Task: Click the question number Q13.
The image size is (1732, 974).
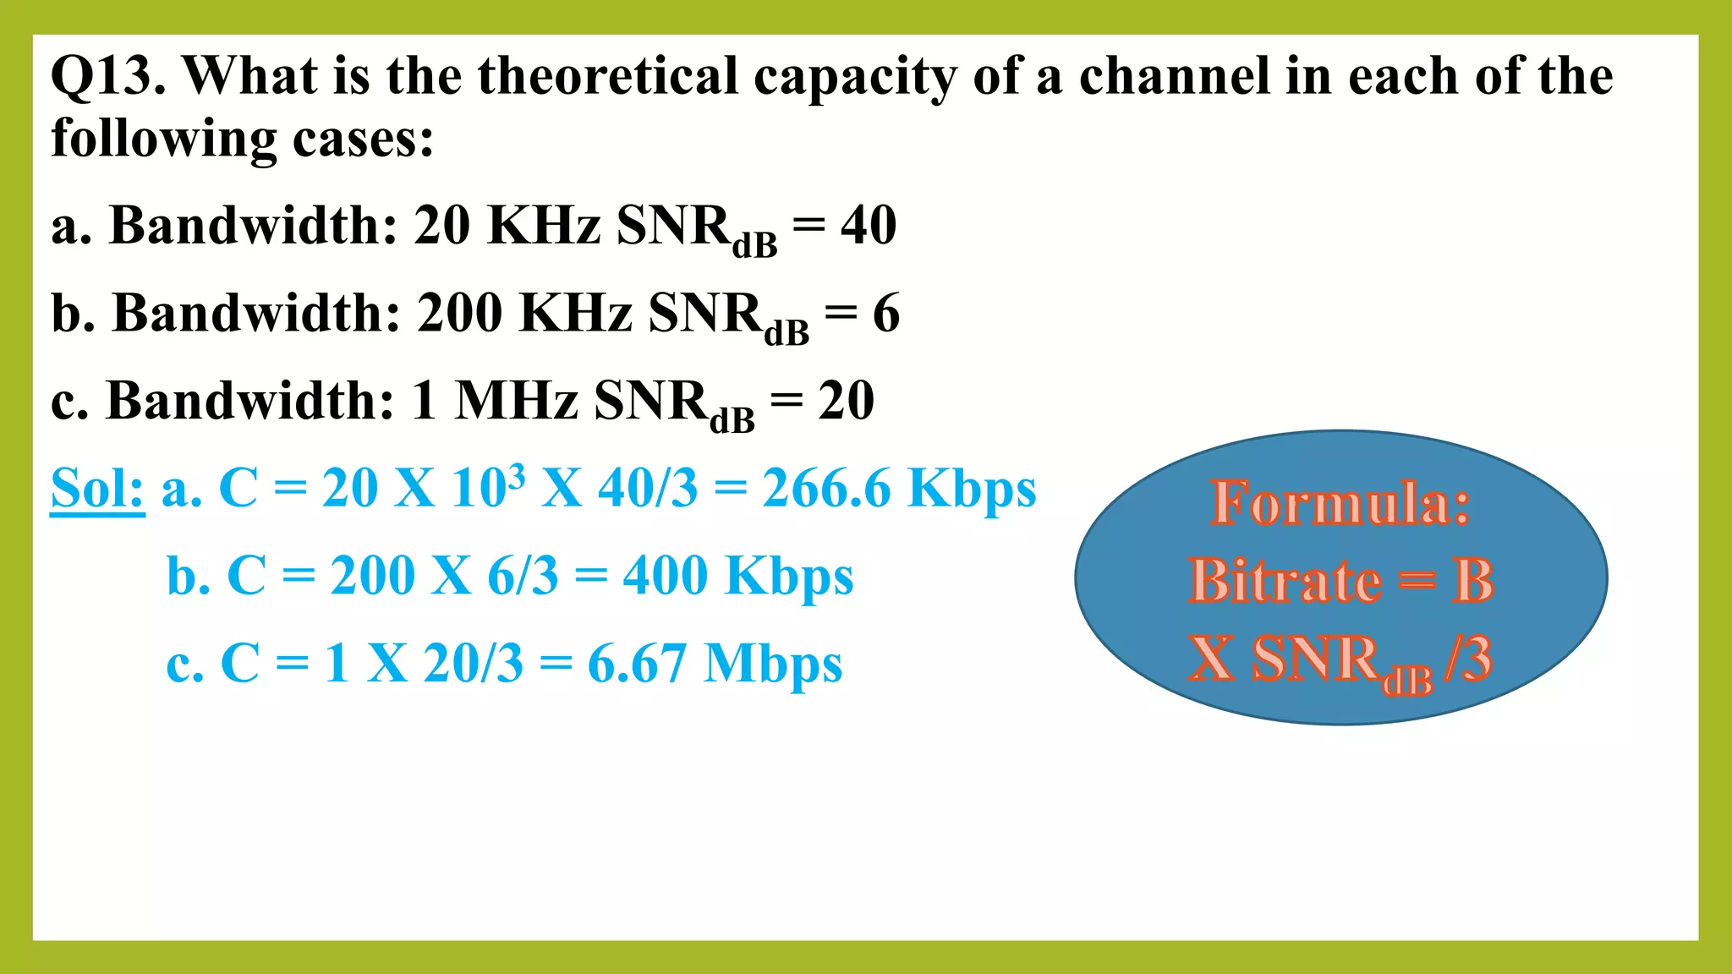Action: pos(107,77)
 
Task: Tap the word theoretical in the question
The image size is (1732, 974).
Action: pos(608,77)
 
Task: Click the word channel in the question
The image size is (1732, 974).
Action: pos(1175,77)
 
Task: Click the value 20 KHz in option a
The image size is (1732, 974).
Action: pos(507,226)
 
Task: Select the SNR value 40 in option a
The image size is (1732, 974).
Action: pos(869,226)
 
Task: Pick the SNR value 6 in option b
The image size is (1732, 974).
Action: pos(886,314)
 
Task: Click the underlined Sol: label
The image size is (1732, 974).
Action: pos(97,489)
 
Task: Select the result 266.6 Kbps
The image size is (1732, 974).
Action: pos(899,489)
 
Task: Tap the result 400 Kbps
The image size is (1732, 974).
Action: pos(738,577)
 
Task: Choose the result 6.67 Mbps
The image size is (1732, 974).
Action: pos(715,664)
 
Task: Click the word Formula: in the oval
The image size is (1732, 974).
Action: pos(1340,504)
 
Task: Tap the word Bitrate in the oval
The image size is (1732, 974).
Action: pos(1285,582)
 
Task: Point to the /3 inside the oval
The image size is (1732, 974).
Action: pos(1469,659)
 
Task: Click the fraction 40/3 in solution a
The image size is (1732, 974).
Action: pos(648,489)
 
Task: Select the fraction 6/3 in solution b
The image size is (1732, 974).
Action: pos(523,577)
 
